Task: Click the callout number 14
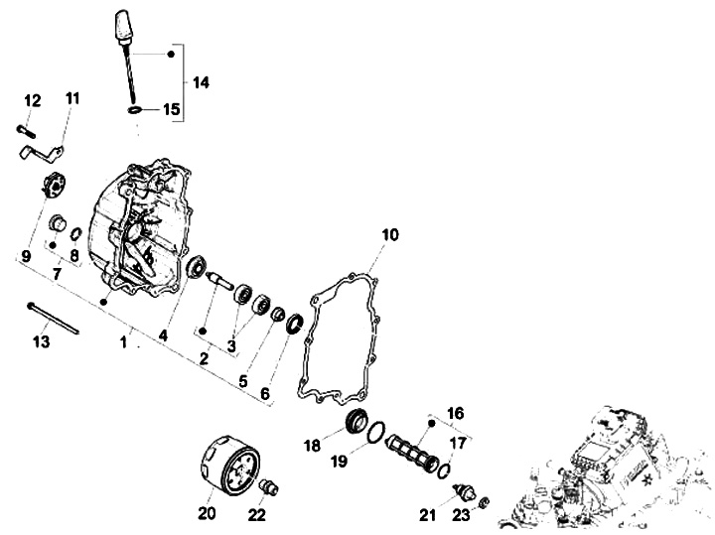(201, 81)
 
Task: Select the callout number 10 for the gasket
(388, 235)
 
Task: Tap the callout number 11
(72, 98)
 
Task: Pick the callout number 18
(312, 446)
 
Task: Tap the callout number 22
(256, 513)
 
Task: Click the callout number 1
(124, 342)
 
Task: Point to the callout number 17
(458, 443)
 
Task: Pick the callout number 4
(163, 334)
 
